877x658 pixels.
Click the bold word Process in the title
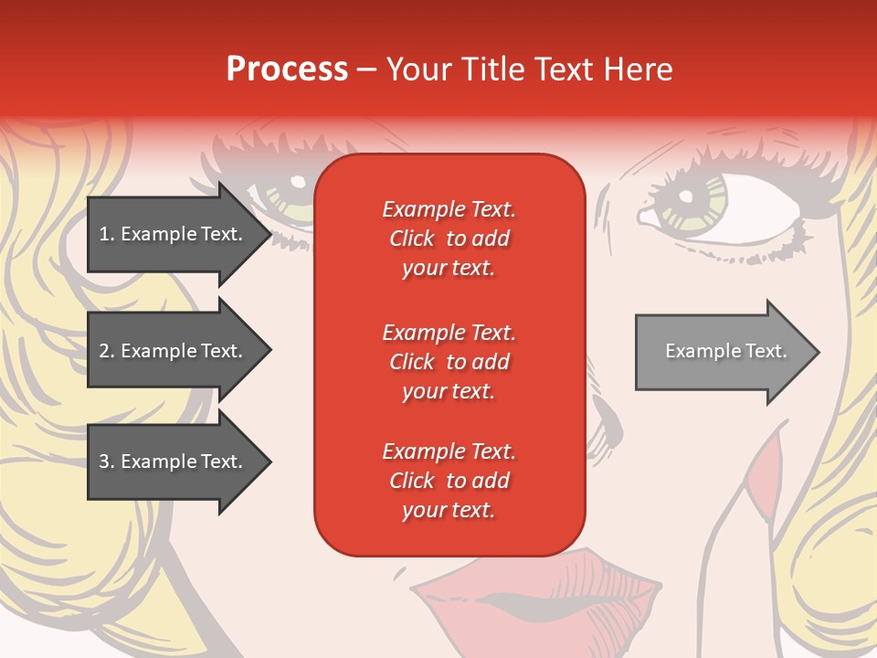click(287, 69)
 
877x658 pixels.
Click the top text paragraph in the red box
click(449, 239)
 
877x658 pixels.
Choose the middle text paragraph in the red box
click(449, 362)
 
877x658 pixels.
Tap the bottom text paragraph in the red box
click(449, 481)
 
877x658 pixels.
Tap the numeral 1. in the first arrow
click(107, 234)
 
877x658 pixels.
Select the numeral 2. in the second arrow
click(107, 351)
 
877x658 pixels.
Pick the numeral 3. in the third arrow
click(107, 462)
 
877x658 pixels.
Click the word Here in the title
click(640, 69)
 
